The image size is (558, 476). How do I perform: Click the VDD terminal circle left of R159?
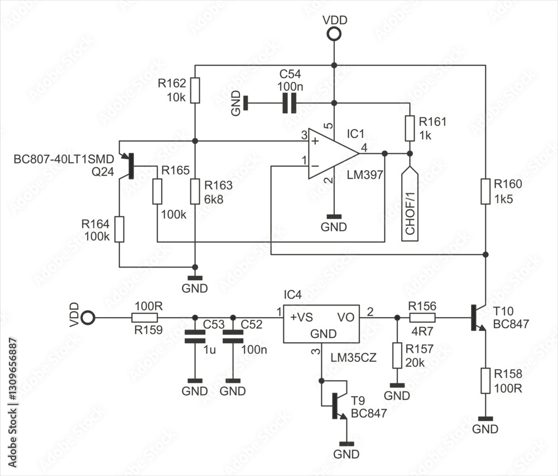88,318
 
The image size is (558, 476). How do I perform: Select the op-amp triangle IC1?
330,153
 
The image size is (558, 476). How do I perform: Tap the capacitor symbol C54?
289,103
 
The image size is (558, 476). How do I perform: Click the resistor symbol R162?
194,90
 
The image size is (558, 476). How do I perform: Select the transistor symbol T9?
337,405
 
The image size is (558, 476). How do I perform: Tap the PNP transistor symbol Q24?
128,165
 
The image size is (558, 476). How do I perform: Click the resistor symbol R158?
485,381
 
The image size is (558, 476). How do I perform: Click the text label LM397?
364,175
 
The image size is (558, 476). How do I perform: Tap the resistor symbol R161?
410,128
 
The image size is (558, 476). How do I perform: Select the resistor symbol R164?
119,230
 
